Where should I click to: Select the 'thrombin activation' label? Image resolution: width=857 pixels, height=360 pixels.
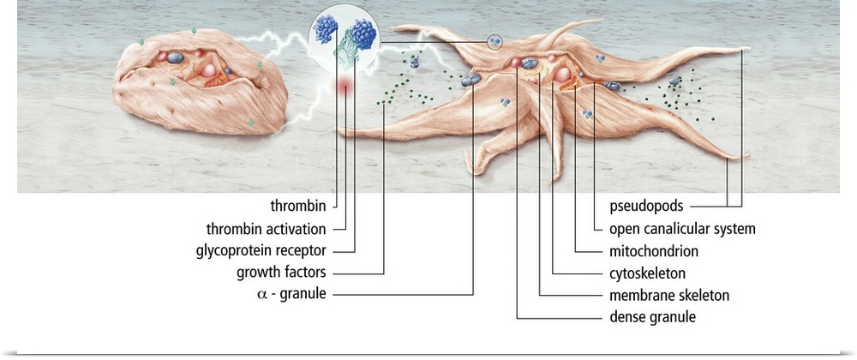pyautogui.click(x=266, y=230)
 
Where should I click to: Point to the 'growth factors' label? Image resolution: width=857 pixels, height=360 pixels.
pyautogui.click(x=283, y=274)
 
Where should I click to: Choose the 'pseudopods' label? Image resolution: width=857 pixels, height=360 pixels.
pyautogui.click(x=645, y=207)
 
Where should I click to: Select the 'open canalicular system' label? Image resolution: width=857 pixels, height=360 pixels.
pyautogui.click(x=681, y=230)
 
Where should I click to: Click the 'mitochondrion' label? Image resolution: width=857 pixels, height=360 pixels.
pyautogui.click(x=653, y=252)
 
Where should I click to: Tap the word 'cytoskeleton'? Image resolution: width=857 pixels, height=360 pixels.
pyautogui.click(x=647, y=274)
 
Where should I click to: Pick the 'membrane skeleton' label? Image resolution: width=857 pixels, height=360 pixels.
pyautogui.click(x=668, y=296)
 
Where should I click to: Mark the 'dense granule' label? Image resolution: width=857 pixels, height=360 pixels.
pyautogui.click(x=651, y=318)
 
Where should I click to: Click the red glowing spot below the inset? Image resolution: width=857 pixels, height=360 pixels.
pyautogui.click(x=345, y=86)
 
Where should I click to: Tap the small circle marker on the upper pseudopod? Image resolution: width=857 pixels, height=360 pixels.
pyautogui.click(x=494, y=41)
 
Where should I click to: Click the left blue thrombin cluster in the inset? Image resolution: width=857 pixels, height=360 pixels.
pyautogui.click(x=328, y=29)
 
